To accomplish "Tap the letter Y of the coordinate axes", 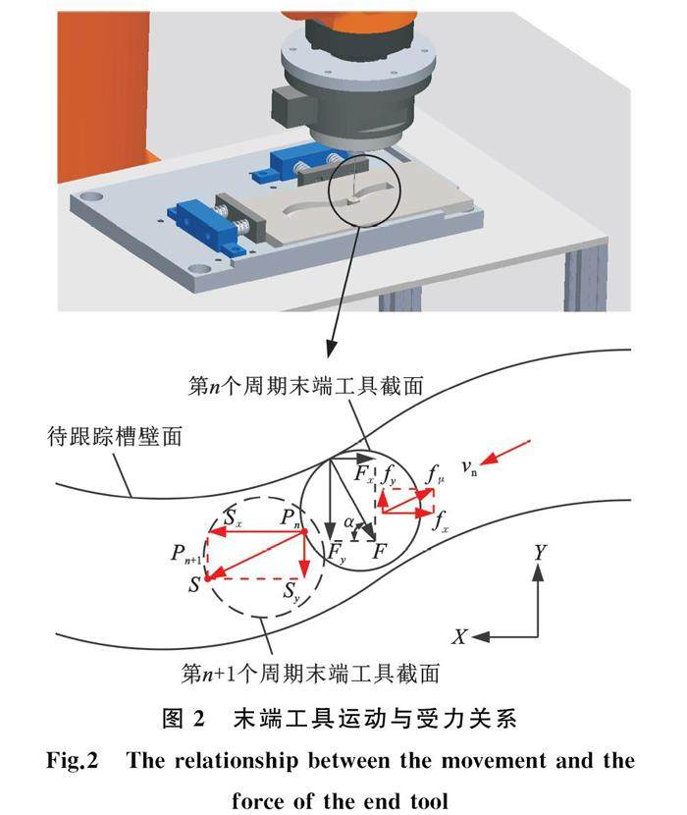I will pos(539,554).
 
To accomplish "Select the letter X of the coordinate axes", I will pos(458,636).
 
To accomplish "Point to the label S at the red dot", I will pos(195,585).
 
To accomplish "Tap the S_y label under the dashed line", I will pos(291,591).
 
